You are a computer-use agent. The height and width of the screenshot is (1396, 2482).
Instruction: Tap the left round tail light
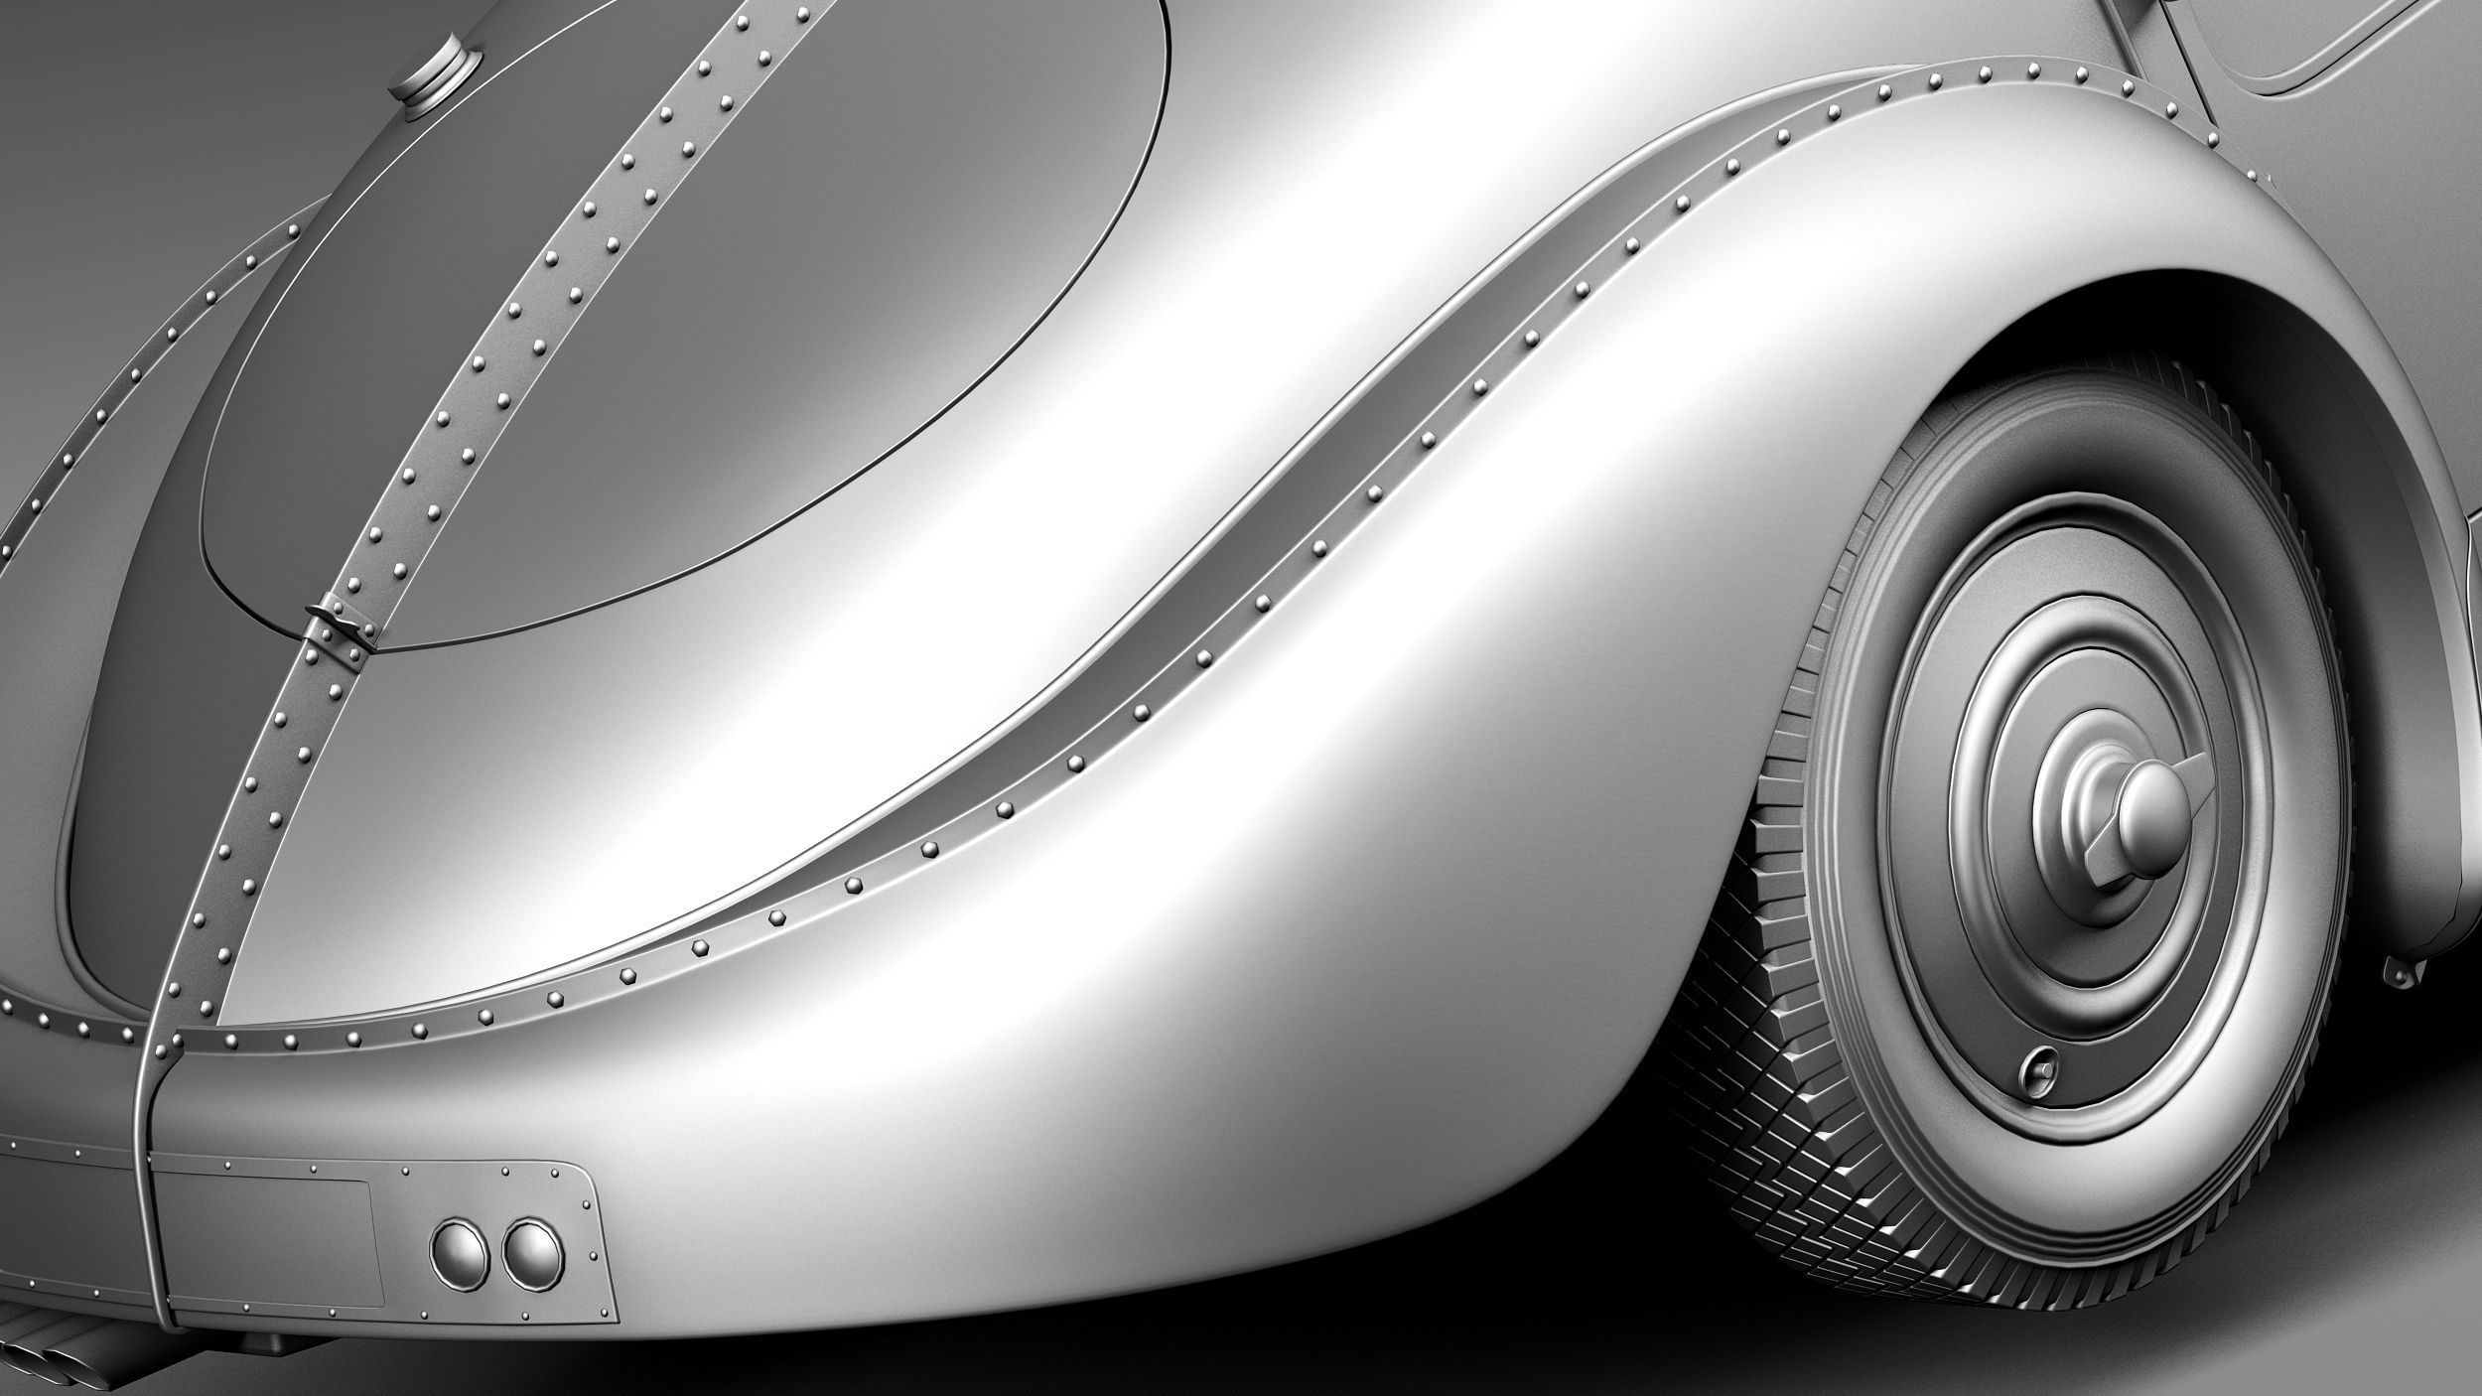[460, 1253]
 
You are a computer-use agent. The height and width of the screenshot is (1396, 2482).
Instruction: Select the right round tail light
[532, 1253]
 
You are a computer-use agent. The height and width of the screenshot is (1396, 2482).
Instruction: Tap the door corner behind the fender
[2283, 60]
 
